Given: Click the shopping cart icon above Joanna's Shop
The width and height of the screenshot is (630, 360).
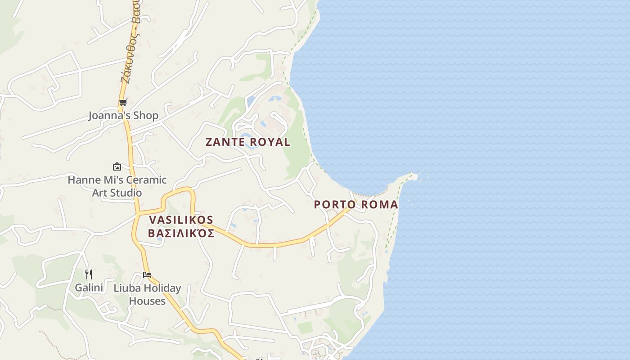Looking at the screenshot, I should [x=123, y=102].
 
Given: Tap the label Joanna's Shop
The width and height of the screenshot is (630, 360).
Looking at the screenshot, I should [x=123, y=116].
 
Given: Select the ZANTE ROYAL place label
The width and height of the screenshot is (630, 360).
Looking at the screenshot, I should [x=247, y=142].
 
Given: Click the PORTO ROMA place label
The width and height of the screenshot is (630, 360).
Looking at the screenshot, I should [x=355, y=204].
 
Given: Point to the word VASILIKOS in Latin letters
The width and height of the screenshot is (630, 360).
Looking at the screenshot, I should [x=181, y=220].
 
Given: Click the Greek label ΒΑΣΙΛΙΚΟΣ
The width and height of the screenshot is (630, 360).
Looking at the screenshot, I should [x=181, y=234].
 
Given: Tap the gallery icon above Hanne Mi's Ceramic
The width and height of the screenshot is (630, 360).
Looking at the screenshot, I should [x=117, y=166].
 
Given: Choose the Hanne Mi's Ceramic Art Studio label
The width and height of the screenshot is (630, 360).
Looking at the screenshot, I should [x=117, y=186].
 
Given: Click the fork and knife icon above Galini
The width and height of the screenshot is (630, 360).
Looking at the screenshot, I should [x=89, y=274].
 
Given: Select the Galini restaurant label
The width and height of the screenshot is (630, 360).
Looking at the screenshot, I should [x=89, y=288].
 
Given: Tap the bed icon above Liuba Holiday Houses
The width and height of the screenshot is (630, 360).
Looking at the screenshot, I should [x=147, y=274].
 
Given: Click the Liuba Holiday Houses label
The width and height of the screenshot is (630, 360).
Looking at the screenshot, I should [x=147, y=294].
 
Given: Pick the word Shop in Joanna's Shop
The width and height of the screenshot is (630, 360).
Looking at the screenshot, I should [x=146, y=116].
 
